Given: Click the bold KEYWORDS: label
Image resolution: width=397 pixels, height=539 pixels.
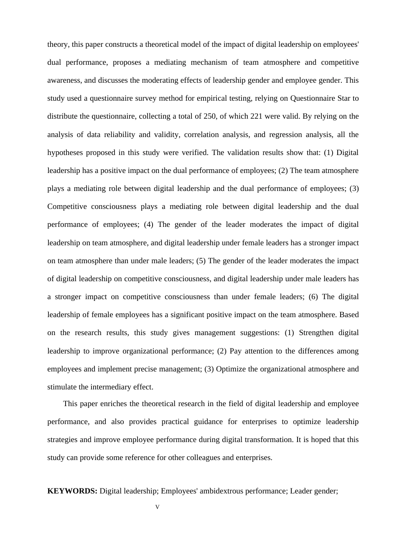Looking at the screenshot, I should (x=72, y=491).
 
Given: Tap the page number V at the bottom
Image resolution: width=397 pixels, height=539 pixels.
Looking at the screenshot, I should (x=158, y=507).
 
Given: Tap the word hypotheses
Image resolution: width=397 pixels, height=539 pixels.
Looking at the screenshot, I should (x=65, y=153).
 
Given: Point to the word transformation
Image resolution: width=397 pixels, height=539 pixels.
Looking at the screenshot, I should (x=262, y=440).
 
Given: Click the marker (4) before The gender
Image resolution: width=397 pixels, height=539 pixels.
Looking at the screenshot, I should (x=149, y=224).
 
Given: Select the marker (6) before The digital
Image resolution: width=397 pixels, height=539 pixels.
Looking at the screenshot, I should (x=313, y=297).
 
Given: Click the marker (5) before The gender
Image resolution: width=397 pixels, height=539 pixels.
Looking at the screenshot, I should (x=201, y=261).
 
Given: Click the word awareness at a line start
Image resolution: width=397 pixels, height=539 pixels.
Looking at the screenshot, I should (x=64, y=80).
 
